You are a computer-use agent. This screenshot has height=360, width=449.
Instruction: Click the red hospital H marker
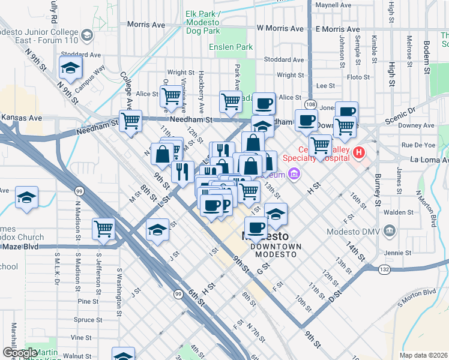(360, 153)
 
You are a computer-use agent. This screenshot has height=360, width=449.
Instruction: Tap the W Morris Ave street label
(280, 28)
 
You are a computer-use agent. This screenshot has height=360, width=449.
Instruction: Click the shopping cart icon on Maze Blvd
(104, 229)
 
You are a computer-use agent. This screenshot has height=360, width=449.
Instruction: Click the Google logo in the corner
(20, 353)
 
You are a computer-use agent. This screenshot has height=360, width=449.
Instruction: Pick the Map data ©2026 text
(423, 355)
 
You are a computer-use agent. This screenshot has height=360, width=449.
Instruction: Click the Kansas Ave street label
(21, 118)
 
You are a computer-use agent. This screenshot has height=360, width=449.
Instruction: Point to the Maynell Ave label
(333, 5)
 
